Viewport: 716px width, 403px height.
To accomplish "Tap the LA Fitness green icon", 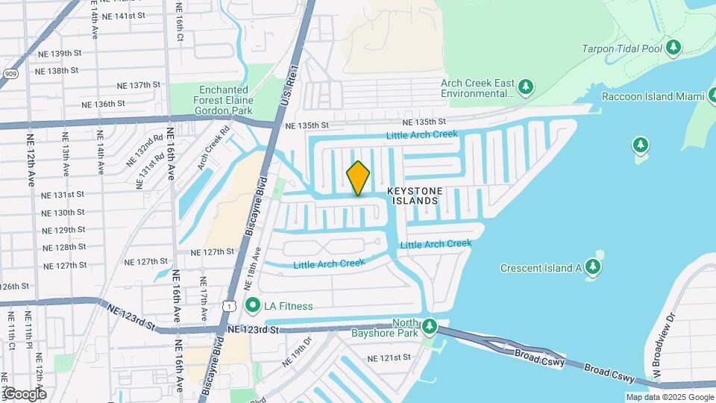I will tap(253, 305).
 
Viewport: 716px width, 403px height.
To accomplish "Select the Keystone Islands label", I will tap(414, 196).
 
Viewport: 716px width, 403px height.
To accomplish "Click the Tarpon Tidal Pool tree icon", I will tap(673, 49).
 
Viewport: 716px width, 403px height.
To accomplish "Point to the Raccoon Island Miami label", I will tap(654, 97).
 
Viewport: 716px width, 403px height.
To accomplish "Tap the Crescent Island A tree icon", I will tap(593, 266).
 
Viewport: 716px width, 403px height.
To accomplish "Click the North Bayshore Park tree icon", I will tap(429, 326).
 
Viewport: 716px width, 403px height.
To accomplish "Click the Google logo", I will tap(25, 394).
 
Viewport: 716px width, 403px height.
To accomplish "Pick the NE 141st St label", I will tap(123, 15).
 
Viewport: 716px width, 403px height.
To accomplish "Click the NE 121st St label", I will tap(389, 358).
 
